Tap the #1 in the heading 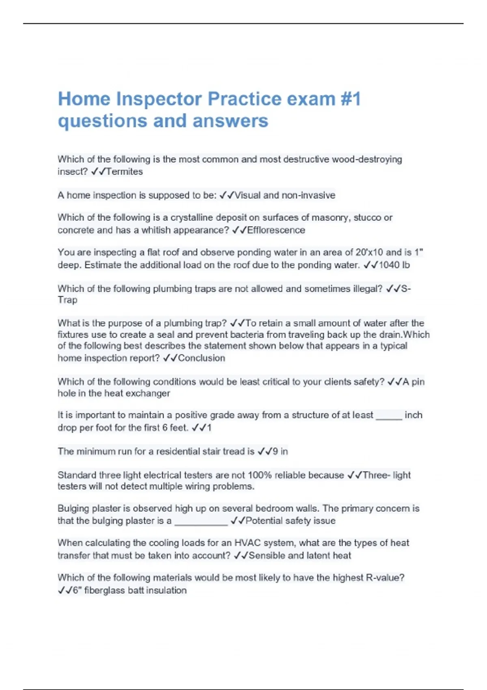[x=350, y=99]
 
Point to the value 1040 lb [x=394, y=265]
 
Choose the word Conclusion [x=201, y=358]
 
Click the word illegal [x=364, y=289]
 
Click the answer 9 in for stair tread [x=280, y=451]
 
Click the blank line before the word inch [x=389, y=418]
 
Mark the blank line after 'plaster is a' [x=201, y=524]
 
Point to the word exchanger [x=149, y=393]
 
